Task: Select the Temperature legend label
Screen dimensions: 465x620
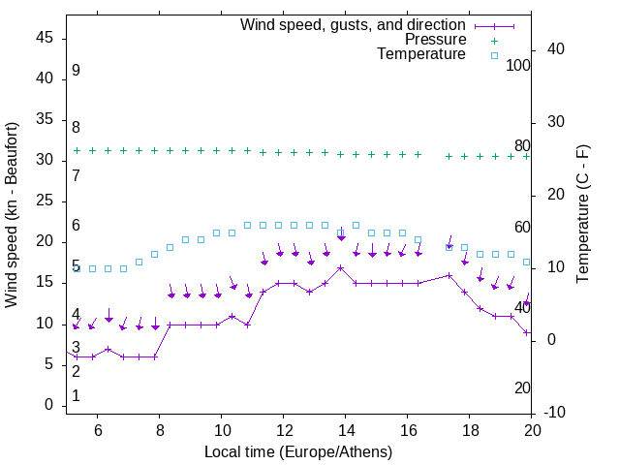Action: pos(421,54)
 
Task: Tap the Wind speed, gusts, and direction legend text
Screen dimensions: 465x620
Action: pos(354,24)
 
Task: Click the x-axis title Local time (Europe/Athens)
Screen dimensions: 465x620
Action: pos(298,452)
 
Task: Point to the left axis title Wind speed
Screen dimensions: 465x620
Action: pos(12,215)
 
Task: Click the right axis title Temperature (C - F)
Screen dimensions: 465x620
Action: pos(582,215)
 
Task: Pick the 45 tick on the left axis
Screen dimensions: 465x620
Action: pos(45,38)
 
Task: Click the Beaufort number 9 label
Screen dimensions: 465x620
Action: pos(76,71)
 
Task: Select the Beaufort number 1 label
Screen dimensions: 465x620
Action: pos(76,396)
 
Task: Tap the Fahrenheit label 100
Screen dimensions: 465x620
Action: pos(518,65)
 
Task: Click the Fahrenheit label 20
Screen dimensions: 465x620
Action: pos(522,387)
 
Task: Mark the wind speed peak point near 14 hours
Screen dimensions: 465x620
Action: pos(341,267)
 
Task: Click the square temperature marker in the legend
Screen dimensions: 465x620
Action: pos(494,55)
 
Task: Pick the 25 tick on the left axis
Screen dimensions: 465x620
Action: pos(45,201)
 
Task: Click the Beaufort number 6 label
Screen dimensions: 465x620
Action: pos(76,226)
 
